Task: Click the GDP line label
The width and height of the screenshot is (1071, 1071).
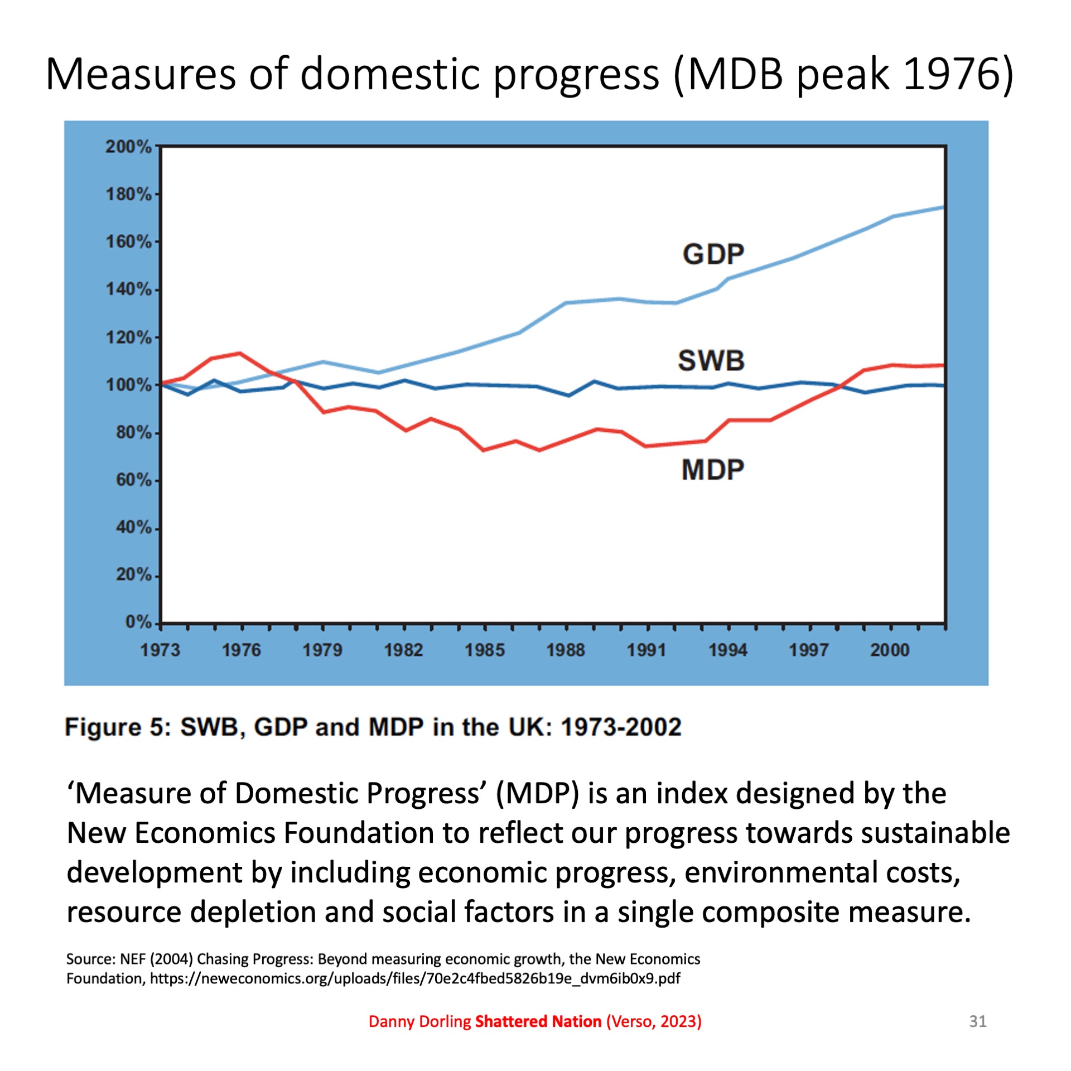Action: point(713,254)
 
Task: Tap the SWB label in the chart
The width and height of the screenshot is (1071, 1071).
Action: point(711,360)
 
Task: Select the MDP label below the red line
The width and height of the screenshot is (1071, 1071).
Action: point(712,470)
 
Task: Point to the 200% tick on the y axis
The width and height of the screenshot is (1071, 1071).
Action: point(128,147)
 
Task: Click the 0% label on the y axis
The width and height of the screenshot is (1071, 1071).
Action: point(138,622)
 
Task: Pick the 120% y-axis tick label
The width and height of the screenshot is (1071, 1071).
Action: point(128,337)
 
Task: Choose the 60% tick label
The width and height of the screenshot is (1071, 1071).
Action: point(133,480)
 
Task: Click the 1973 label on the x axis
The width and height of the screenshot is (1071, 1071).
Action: point(160,650)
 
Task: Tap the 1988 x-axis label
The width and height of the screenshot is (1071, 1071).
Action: point(566,650)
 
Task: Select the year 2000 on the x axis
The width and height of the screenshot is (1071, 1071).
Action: point(890,650)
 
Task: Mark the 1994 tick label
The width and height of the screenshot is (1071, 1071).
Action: point(727,650)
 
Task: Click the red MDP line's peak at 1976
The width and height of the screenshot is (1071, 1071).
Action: point(240,353)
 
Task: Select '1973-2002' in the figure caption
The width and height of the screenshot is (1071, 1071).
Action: point(621,727)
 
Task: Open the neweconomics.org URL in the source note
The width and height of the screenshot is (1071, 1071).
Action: point(415,978)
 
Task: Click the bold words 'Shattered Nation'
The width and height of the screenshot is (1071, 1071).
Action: point(538,1021)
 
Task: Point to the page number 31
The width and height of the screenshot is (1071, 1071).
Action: point(978,1021)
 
